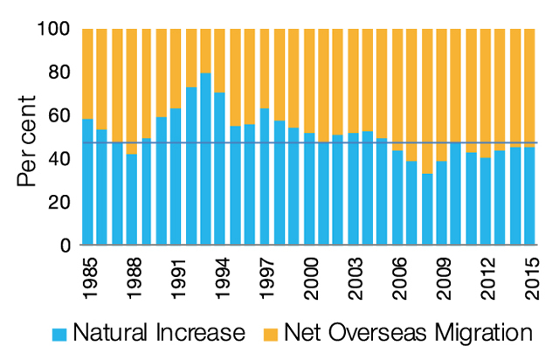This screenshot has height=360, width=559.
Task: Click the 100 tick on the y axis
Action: pyautogui.click(x=55, y=29)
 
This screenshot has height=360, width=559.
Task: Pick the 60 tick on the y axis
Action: pyautogui.click(x=59, y=115)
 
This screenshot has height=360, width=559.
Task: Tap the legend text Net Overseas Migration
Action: pyautogui.click(x=408, y=332)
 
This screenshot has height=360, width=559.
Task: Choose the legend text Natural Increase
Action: pyautogui.click(x=160, y=332)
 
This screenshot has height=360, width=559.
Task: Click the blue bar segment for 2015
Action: pyautogui.click(x=530, y=197)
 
